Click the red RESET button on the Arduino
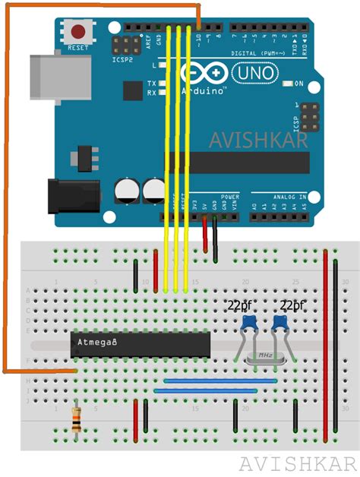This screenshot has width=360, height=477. coord(77,33)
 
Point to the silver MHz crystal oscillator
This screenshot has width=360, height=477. coord(265,355)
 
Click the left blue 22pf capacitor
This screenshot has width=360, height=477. coord(248,324)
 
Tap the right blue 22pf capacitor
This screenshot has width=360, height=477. coord(280,324)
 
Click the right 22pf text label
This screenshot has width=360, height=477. coord(292,305)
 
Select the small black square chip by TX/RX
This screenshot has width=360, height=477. coord(132,92)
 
